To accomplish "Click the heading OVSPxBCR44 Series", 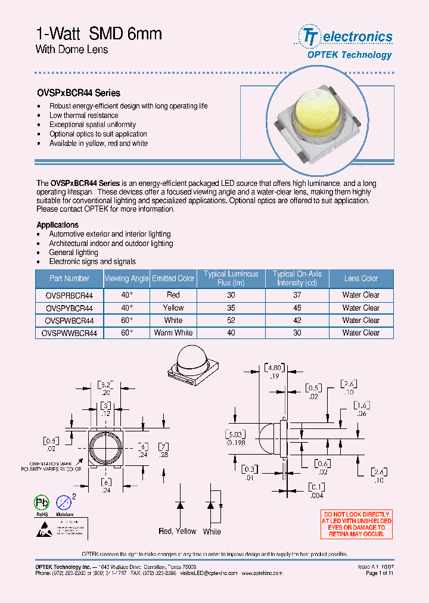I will click(79, 93).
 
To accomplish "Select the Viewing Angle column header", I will click(126, 278).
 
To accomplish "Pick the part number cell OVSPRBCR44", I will click(69, 295).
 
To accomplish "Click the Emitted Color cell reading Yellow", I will click(173, 308).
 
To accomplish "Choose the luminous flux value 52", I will click(231, 321).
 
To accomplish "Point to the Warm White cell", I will click(173, 333).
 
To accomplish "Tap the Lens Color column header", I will click(360, 278).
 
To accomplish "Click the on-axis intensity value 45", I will click(297, 308).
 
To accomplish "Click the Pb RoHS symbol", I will click(42, 502).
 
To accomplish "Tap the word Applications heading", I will click(57, 225).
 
